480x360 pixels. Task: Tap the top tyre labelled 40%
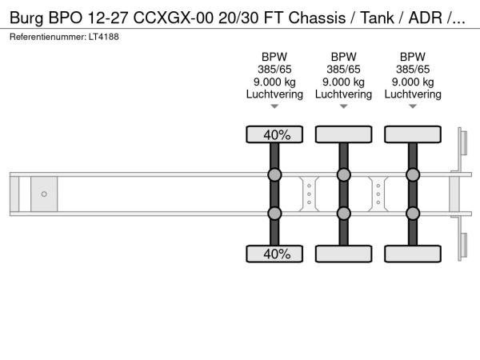[x=274, y=134]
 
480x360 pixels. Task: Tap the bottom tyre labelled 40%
[x=274, y=254]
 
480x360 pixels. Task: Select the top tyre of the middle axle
[x=343, y=134]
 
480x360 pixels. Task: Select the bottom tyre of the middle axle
[x=343, y=254]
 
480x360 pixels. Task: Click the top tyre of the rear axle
[x=413, y=134]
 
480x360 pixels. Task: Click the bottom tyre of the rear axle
[x=413, y=254]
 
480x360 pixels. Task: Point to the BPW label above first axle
[x=274, y=56]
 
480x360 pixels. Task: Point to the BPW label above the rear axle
[x=413, y=56]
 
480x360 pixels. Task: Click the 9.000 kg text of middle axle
[x=343, y=82]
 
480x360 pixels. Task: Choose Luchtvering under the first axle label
[x=274, y=94]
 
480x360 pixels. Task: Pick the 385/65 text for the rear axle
[x=413, y=69]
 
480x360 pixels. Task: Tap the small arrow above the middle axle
[x=343, y=106]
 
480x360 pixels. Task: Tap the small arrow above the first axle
[x=274, y=106]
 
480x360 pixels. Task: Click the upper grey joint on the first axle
[x=274, y=175]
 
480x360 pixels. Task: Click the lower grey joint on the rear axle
[x=413, y=213]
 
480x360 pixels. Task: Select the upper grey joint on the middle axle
[x=343, y=175]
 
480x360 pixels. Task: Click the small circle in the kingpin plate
[x=44, y=194]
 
